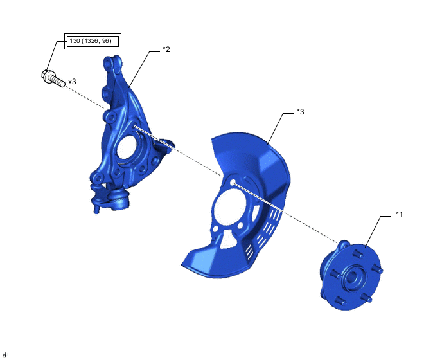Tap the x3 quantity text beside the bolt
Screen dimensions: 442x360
point(72,82)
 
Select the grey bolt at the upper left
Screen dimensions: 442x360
point(53,78)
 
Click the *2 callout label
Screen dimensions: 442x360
point(166,50)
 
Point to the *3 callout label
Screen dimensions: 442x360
point(301,112)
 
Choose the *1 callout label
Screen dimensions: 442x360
point(399,215)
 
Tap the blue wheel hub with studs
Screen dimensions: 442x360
point(351,275)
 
